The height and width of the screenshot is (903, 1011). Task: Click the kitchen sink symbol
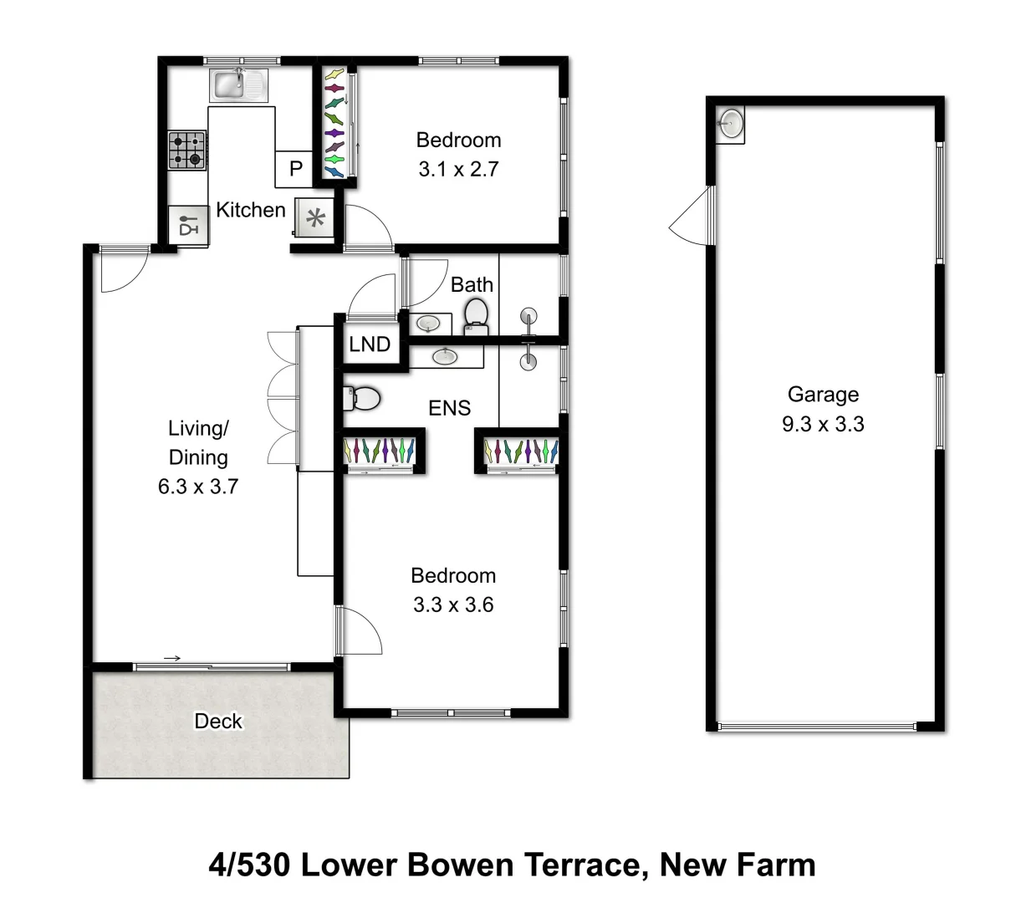pos(239,84)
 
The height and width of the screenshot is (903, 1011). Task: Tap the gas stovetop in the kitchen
pos(187,150)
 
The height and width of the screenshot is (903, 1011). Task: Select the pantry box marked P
pos(295,169)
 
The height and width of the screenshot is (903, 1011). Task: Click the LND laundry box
pos(370,344)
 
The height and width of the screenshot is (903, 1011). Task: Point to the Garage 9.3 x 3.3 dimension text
pos(823,424)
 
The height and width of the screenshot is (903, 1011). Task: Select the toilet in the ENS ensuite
pos(362,397)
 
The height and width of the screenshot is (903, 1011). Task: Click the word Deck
pos(218,721)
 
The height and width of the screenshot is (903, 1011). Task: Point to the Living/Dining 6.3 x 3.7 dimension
pos(198,486)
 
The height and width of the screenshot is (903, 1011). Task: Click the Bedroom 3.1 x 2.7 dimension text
pos(458,169)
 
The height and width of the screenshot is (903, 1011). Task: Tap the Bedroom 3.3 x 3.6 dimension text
pos(453,605)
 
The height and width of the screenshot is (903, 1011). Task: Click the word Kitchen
pos(251,210)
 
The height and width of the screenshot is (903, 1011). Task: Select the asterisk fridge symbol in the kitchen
pos(315,220)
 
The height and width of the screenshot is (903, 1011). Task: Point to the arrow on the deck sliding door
pos(172,659)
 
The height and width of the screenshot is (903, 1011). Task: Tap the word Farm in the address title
pos(779,864)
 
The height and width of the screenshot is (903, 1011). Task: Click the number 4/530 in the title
pos(248,864)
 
